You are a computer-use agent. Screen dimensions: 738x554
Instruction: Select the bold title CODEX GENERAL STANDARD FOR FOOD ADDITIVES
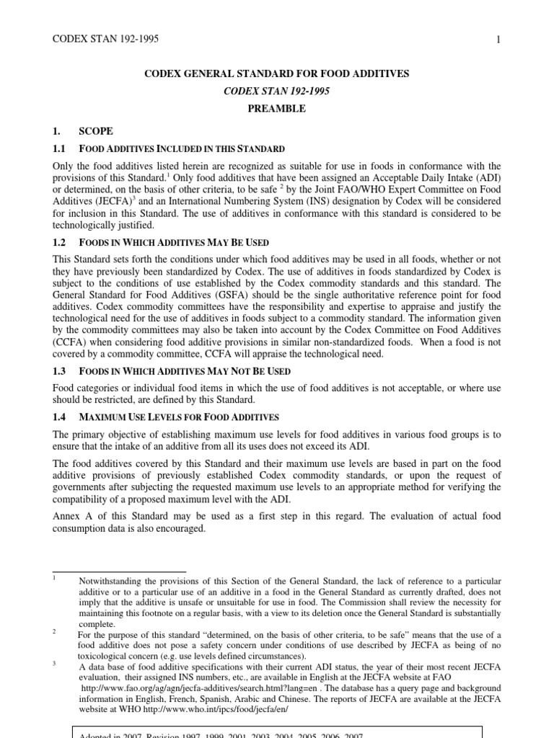coord(276,74)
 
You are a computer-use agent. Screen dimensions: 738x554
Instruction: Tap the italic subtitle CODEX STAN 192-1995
coord(276,91)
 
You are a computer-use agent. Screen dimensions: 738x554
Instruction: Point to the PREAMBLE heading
coord(276,109)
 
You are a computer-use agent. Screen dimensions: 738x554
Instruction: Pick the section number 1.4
coord(61,417)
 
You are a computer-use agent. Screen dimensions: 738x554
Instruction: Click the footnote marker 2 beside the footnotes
coord(55,631)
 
